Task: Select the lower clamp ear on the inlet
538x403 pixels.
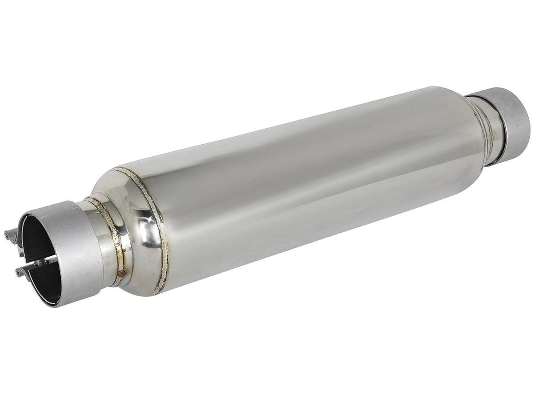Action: click(x=22, y=271)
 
